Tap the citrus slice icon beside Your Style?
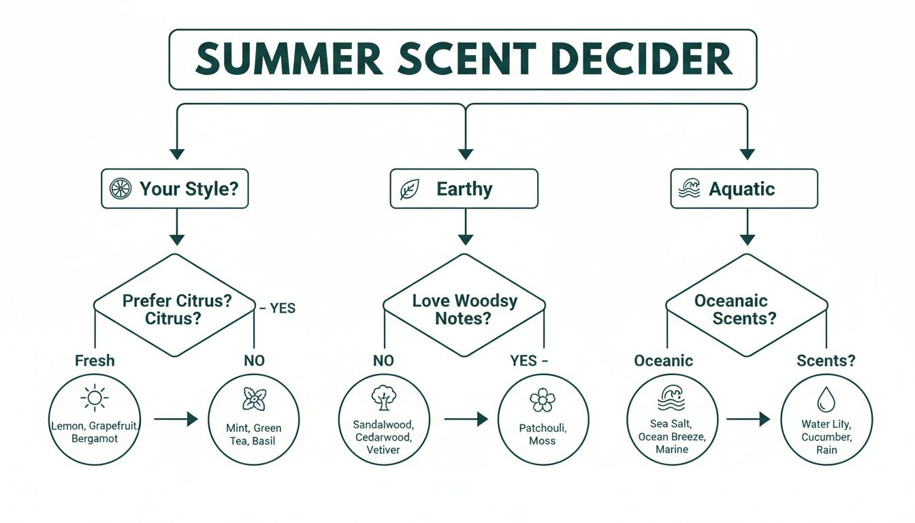click(121, 189)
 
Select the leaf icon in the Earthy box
click(409, 189)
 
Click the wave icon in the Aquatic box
click(689, 189)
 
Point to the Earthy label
click(464, 189)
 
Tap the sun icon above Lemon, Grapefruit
click(94, 397)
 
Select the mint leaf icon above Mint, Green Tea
click(253, 398)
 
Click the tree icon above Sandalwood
click(383, 398)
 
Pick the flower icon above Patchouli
click(542, 400)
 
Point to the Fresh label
click(94, 360)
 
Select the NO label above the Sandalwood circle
click(383, 360)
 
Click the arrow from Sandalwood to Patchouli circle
click(466, 419)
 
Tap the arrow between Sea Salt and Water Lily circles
click(748, 419)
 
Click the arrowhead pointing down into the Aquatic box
click(748, 153)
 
